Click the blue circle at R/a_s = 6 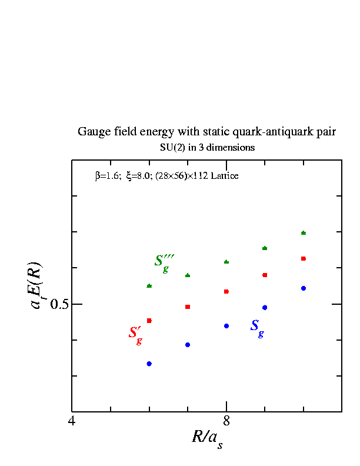click(149, 364)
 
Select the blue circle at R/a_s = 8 click(226, 326)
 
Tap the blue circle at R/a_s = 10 click(304, 288)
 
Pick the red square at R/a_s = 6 click(149, 321)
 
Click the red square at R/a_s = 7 click(188, 307)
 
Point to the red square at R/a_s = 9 click(265, 275)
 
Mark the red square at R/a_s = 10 click(304, 258)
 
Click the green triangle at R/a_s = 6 click(149, 286)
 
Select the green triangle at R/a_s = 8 click(226, 262)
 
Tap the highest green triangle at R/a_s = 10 click(304, 233)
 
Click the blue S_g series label click(257, 328)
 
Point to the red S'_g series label click(135, 335)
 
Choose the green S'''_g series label click(164, 264)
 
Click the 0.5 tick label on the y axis click(59, 304)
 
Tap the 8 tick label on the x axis click(226, 421)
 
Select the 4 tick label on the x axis click(72, 421)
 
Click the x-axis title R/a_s click(207, 439)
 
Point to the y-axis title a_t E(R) click(36, 285)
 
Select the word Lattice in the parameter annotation click(225, 176)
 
